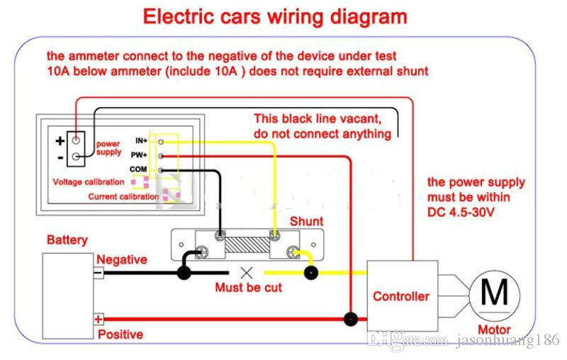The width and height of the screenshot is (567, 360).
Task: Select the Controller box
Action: pyautogui.click(x=400, y=296)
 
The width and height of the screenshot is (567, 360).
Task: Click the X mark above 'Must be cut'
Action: pyautogui.click(x=247, y=272)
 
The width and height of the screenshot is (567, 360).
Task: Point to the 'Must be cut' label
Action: pyautogui.click(x=248, y=288)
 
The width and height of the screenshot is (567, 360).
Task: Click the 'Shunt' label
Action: pyautogui.click(x=307, y=222)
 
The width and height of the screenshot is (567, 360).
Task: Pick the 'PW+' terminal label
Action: pyautogui.click(x=140, y=155)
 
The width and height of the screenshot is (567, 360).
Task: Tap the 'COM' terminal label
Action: pyautogui.click(x=138, y=169)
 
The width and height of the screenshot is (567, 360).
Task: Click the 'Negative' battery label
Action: pyautogui.click(x=122, y=260)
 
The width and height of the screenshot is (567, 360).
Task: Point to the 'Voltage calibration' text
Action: pyautogui.click(x=89, y=182)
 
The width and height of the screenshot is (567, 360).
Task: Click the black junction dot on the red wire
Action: pyautogui.click(x=350, y=319)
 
